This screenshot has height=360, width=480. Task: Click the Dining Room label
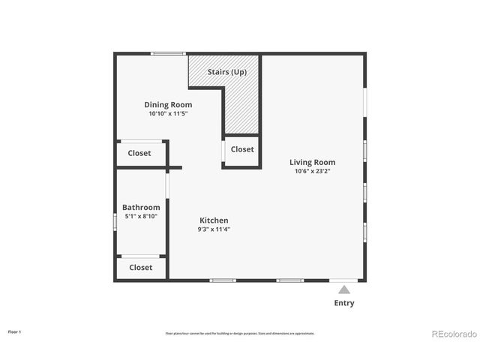pos(168,105)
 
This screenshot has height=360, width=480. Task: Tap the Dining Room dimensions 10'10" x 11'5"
pos(168,114)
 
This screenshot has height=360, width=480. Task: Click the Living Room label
pos(313,162)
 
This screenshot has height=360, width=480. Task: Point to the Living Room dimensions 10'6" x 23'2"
pos(313,171)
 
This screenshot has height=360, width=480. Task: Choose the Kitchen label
pos(214,220)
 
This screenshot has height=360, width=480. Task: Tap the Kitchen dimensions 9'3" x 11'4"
pos(214,229)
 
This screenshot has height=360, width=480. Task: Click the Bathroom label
pos(141,208)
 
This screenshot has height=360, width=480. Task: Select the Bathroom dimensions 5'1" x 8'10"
pos(141,217)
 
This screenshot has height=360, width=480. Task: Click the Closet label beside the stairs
pos(242,149)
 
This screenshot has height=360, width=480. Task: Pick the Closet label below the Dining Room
pos(139,153)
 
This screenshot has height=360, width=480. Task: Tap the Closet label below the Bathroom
pos(141,267)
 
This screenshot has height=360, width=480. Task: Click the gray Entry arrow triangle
pos(343,289)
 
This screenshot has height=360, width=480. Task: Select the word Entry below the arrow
pos(344,304)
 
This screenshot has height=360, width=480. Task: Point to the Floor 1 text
pos(15,331)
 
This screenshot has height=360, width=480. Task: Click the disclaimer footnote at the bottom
pos(240,333)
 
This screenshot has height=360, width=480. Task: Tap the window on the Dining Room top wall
pos(169,53)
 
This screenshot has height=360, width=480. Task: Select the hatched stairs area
pos(241,105)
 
